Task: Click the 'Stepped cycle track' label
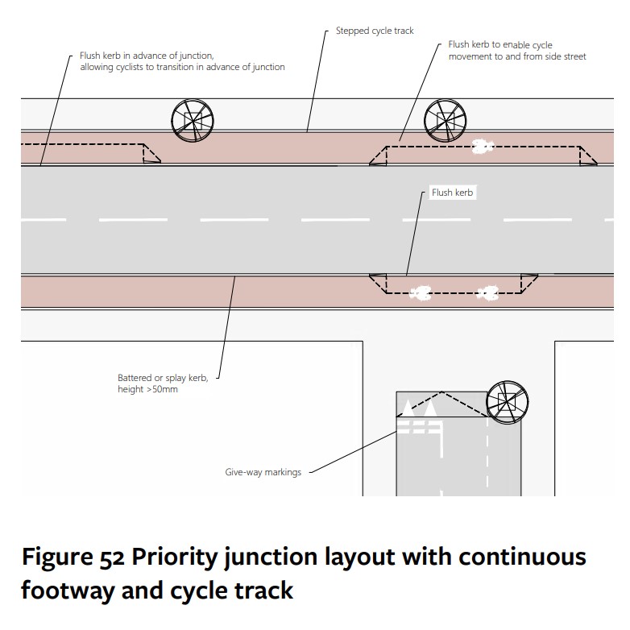pyautogui.click(x=375, y=31)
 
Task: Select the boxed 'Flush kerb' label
pyautogui.click(x=452, y=193)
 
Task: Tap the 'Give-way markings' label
pyautogui.click(x=263, y=472)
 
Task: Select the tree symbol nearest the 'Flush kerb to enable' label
pyautogui.click(x=446, y=120)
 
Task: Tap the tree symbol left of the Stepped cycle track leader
pyautogui.click(x=193, y=120)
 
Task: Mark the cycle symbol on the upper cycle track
pyautogui.click(x=482, y=147)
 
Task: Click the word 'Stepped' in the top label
pyautogui.click(x=353, y=31)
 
